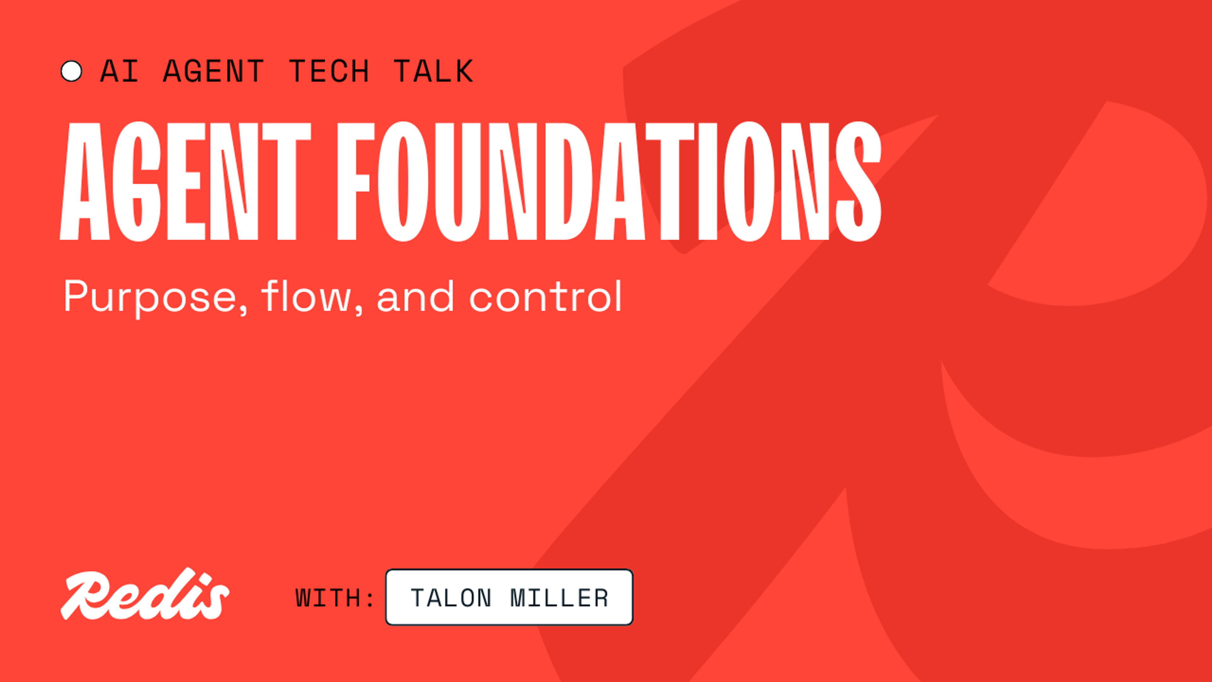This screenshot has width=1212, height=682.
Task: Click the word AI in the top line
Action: (120, 72)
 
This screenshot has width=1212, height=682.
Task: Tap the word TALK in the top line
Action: (433, 72)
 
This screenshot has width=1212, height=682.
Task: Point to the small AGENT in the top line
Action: (213, 72)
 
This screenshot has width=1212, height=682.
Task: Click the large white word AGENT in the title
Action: (185, 181)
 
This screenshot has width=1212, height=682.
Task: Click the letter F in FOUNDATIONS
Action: (355, 181)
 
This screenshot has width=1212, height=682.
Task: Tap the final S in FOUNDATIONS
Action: (858, 181)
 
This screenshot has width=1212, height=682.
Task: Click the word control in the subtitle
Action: (546, 296)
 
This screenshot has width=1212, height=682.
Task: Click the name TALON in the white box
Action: (451, 598)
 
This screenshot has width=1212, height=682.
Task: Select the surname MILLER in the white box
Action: (559, 598)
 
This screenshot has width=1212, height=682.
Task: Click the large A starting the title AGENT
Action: (85, 181)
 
